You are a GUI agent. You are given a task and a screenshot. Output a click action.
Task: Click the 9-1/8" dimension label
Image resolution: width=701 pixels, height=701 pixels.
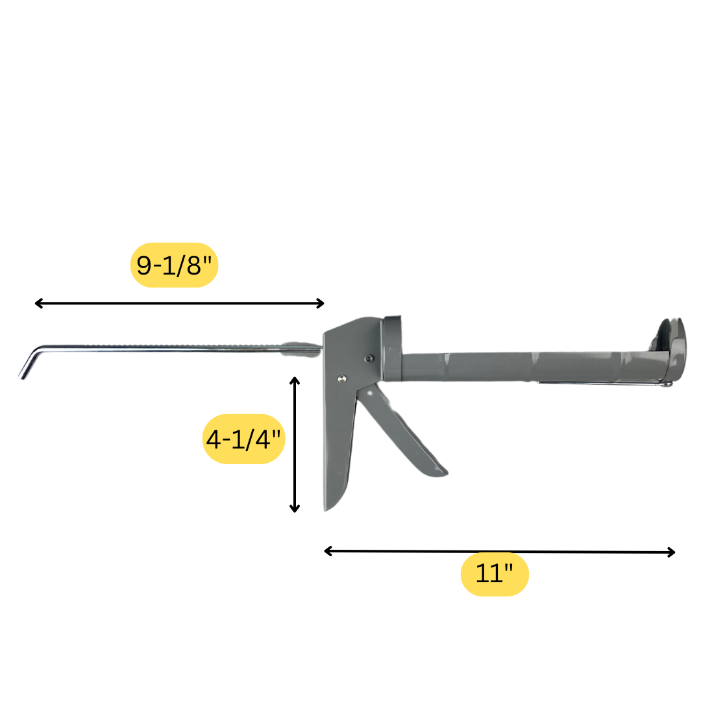(x=174, y=265)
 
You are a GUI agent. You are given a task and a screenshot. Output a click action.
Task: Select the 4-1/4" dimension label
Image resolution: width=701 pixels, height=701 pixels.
(x=244, y=439)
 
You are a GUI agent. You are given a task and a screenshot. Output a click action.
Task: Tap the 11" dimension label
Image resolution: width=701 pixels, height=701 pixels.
(x=495, y=574)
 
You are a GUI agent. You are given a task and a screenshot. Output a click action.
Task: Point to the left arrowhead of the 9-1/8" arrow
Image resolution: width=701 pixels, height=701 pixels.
(x=38, y=303)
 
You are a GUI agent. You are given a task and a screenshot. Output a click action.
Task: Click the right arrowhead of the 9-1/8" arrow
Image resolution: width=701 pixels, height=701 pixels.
(x=320, y=303)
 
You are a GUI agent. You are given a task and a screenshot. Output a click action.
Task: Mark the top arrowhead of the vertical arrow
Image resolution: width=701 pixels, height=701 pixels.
(x=295, y=380)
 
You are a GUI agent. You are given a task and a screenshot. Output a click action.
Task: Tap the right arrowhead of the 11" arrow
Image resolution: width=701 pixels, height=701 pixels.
(x=672, y=552)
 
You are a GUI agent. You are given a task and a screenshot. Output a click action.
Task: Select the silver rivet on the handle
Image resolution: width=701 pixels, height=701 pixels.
(x=342, y=378)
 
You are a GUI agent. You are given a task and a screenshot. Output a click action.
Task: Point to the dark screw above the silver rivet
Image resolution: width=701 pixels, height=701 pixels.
(x=369, y=358)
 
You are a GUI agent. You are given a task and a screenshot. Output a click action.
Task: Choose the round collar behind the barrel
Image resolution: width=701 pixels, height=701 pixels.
(x=393, y=347)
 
